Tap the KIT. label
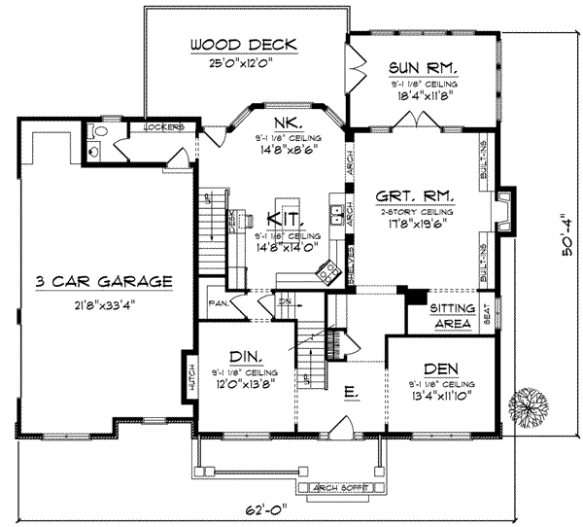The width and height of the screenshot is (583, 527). pyautogui.click(x=289, y=220)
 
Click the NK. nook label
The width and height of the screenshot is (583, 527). pyautogui.click(x=286, y=123)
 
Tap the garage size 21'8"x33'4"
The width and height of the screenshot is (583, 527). pyautogui.click(x=103, y=305)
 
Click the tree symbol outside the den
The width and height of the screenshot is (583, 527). pyautogui.click(x=532, y=403)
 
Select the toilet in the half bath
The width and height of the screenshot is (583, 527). pyautogui.click(x=90, y=149)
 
